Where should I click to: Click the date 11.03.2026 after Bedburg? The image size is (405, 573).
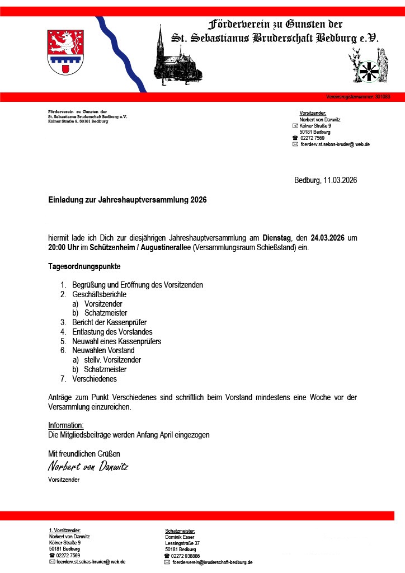pos(340,180)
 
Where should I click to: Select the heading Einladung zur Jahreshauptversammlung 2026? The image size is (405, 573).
pos(128,199)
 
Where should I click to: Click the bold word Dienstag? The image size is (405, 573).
pos(276,238)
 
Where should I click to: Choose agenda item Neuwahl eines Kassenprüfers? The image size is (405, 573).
pos(117,341)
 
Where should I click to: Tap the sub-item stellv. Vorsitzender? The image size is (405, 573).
pos(112,360)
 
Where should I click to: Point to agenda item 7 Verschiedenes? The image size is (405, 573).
pos(95,379)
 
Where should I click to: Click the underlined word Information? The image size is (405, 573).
pos(66,425)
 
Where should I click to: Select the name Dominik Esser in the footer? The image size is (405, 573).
pos(180,537)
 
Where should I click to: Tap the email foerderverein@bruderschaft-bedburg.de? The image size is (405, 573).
pos(213,562)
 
